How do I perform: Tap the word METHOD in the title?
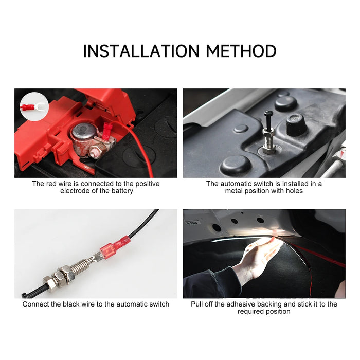241,51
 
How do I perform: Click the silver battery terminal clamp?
85,139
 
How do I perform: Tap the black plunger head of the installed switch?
268,114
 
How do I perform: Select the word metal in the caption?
235,191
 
